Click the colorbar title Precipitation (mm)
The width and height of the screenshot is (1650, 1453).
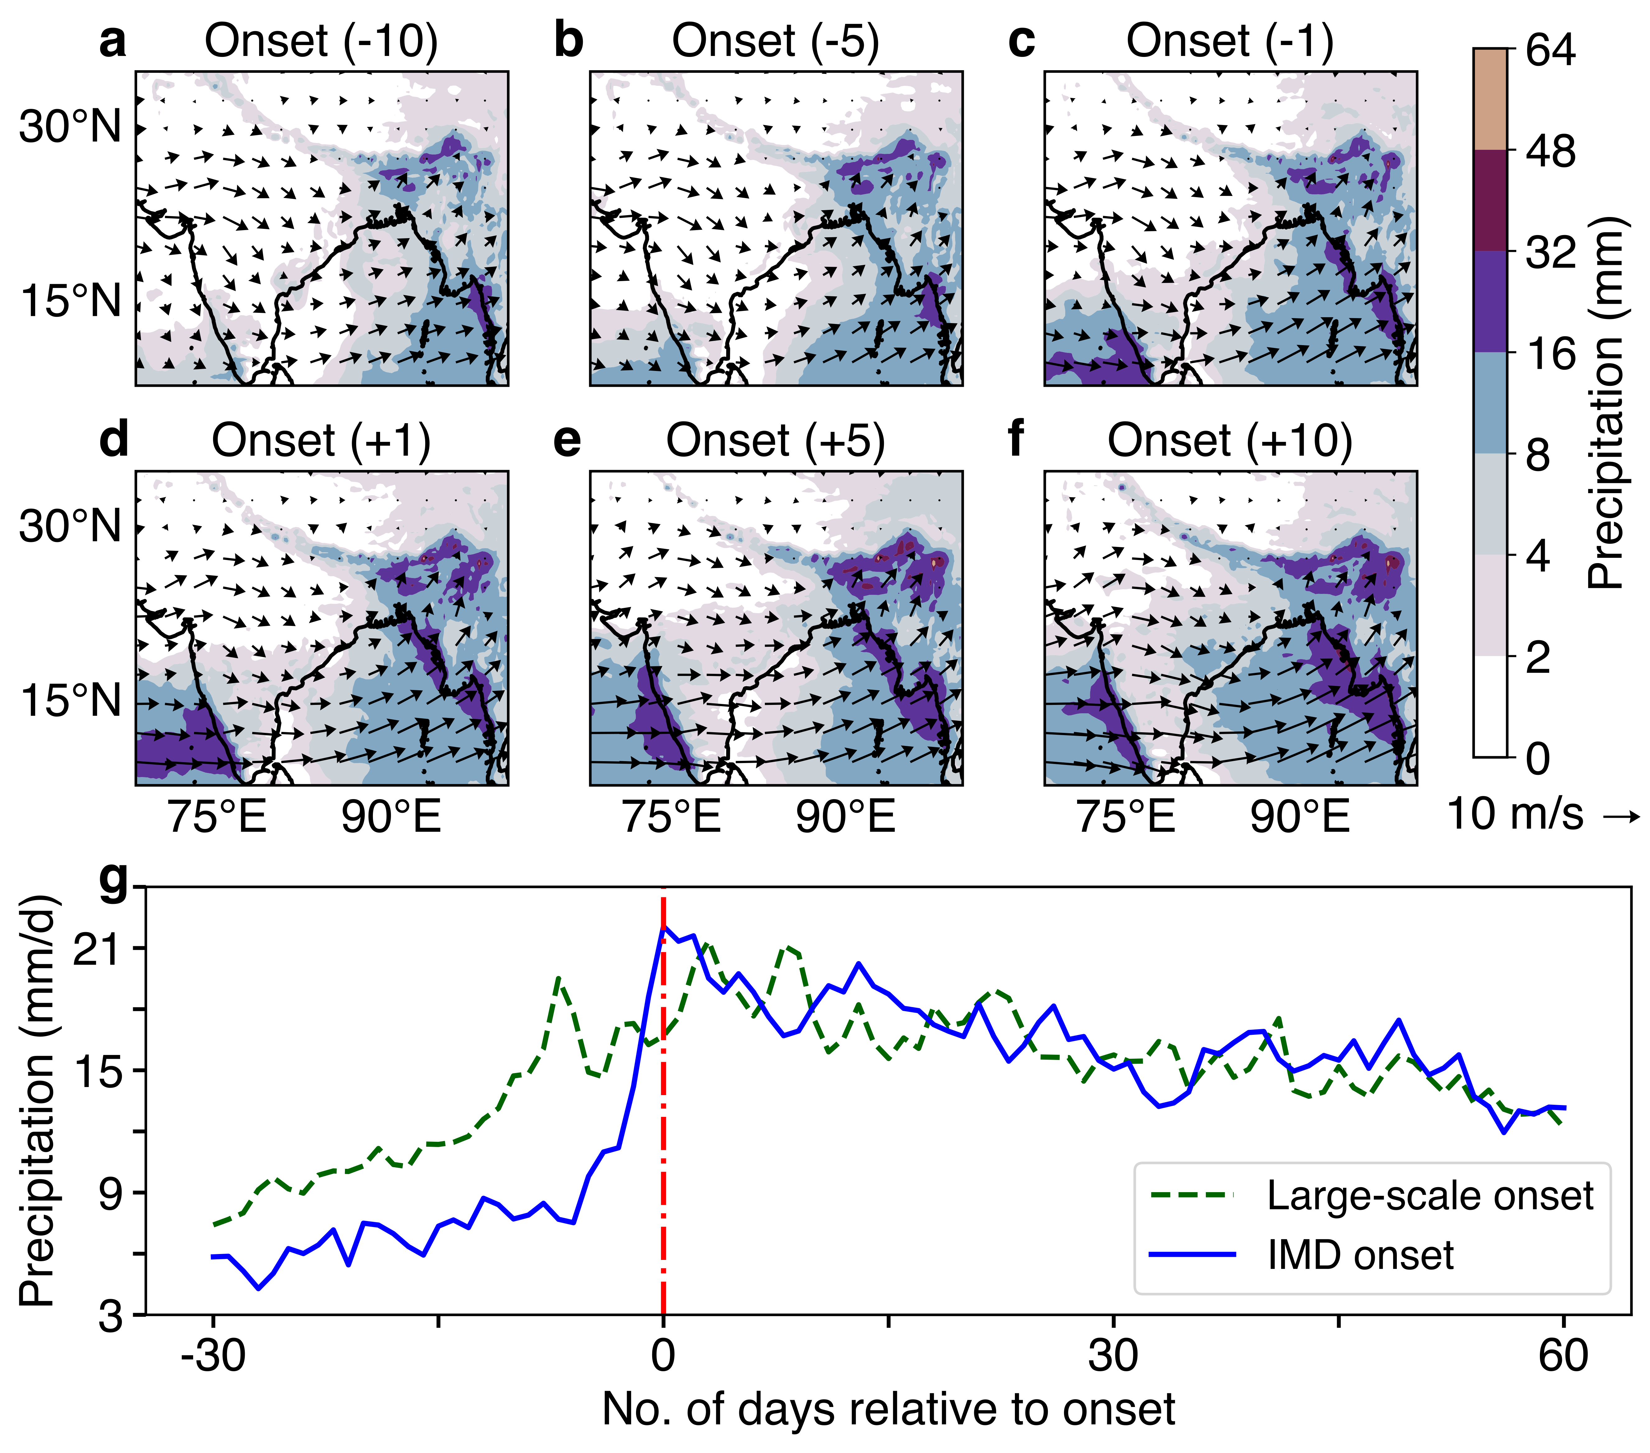pos(1606,404)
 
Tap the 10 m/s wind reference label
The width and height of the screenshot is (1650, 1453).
pos(1542,814)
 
